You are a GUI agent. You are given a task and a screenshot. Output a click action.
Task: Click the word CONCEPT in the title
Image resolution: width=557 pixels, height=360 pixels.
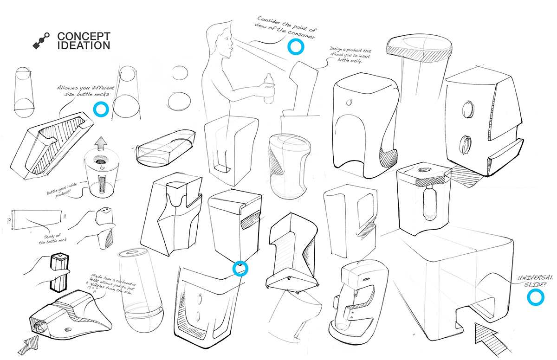click(84, 37)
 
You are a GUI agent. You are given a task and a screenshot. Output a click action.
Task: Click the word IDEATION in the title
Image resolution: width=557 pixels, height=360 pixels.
click(84, 45)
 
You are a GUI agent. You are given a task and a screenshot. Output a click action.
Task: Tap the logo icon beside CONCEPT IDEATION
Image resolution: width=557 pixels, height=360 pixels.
click(41, 41)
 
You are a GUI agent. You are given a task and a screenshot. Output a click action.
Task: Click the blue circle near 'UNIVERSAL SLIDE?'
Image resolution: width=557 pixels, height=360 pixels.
click(537, 298)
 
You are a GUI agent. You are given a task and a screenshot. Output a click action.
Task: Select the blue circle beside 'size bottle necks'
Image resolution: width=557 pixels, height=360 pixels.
click(100, 109)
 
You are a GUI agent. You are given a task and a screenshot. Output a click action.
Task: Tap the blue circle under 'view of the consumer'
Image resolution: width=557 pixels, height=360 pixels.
click(295, 46)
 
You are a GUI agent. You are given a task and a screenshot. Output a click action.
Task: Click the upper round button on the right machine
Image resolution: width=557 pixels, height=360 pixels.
click(467, 110)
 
